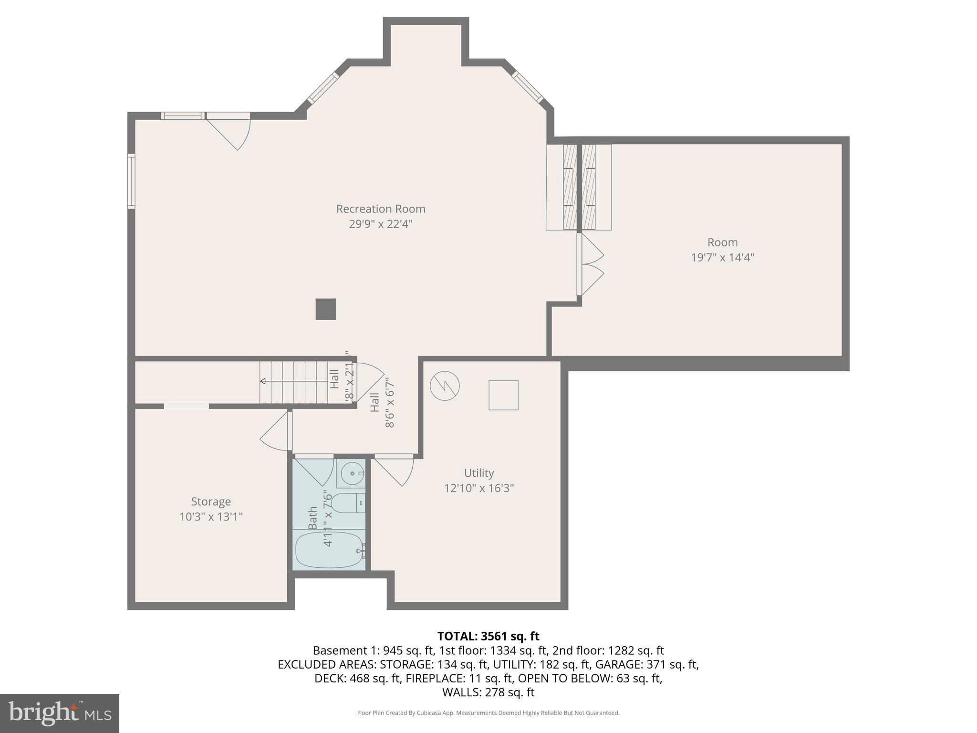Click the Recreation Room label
pyautogui.click(x=380, y=209)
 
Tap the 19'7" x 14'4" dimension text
pyautogui.click(x=722, y=258)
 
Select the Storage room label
pyautogui.click(x=211, y=502)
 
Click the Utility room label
pyautogui.click(x=478, y=473)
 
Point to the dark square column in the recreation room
pyautogui.click(x=325, y=309)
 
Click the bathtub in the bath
pyautogui.click(x=329, y=550)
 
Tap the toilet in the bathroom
pyautogui.click(x=348, y=503)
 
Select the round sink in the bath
pyautogui.click(x=353, y=473)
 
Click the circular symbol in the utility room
pyautogui.click(x=445, y=386)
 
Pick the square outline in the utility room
pyautogui.click(x=503, y=395)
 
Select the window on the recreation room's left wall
pyautogui.click(x=131, y=181)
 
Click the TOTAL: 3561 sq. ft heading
pyautogui.click(x=488, y=636)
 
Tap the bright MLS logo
pyautogui.click(x=59, y=713)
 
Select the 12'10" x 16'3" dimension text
pyautogui.click(x=478, y=488)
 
